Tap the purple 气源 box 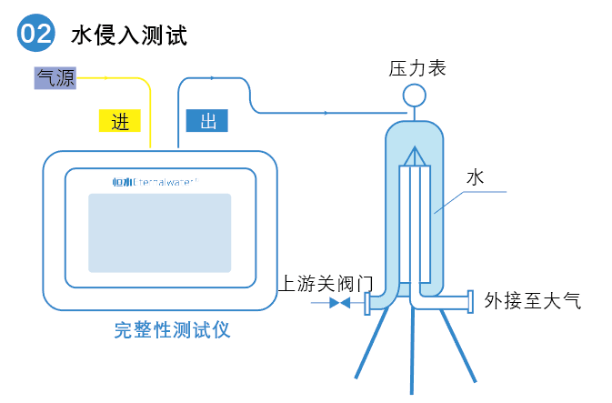click(55, 78)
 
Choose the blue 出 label click(206, 122)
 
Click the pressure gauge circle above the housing click(414, 94)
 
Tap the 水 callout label click(474, 177)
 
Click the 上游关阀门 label click(325, 283)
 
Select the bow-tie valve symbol click(339, 302)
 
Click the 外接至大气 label click(532, 300)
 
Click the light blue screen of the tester click(159, 232)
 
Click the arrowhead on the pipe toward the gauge click(326, 112)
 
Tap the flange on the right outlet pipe click(469, 301)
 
